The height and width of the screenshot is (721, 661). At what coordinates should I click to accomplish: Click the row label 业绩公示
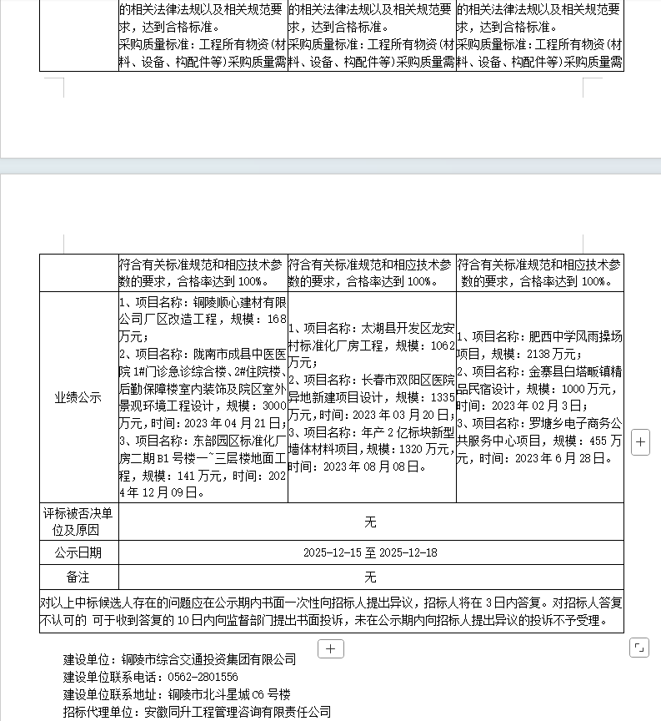(78, 398)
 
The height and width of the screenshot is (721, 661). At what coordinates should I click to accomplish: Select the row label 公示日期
(78, 552)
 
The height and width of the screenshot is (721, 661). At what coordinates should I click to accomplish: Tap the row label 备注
(78, 577)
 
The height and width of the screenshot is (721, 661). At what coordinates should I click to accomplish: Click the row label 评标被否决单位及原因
(78, 522)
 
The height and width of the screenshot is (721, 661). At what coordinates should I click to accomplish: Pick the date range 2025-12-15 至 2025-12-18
(370, 552)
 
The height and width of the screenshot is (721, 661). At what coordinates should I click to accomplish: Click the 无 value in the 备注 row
(370, 577)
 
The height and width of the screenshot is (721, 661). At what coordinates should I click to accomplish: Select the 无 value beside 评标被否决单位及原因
(370, 522)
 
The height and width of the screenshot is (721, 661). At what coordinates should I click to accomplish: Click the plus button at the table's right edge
(640, 443)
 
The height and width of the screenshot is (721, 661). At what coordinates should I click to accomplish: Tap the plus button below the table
(331, 648)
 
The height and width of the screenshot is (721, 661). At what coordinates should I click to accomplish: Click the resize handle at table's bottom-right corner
(639, 647)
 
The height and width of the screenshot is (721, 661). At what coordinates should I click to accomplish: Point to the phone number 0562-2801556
(203, 677)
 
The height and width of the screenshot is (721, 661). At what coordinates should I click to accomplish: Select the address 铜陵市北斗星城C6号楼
(229, 694)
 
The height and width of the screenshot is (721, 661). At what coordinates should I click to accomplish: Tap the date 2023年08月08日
(369, 466)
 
